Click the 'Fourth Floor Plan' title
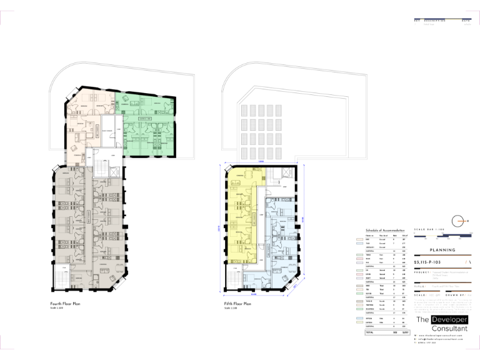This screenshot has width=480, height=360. pyautogui.click(x=66, y=304)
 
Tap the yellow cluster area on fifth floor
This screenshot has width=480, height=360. pyautogui.click(x=241, y=206)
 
